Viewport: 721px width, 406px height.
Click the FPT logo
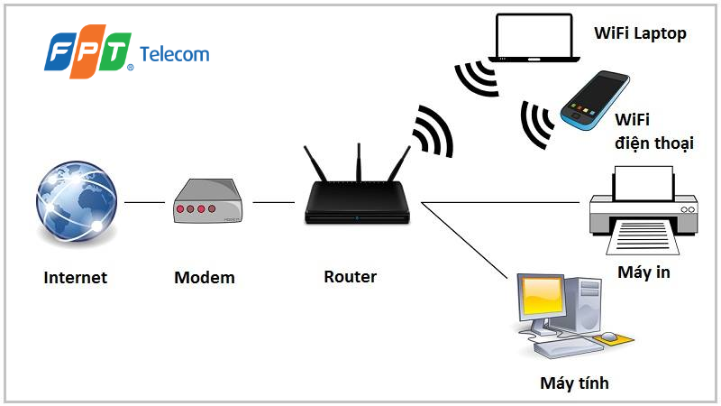click(x=88, y=52)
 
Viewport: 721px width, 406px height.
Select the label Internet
click(x=75, y=277)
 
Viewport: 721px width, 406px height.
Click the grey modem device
click(x=206, y=201)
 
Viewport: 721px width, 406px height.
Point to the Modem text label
click(x=205, y=277)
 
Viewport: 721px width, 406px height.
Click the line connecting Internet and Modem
click(x=144, y=202)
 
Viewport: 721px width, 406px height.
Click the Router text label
click(x=350, y=277)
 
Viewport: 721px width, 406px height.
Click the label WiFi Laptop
click(x=640, y=34)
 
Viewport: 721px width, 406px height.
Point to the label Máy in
click(x=643, y=272)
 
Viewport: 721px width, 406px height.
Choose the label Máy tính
click(x=574, y=383)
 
